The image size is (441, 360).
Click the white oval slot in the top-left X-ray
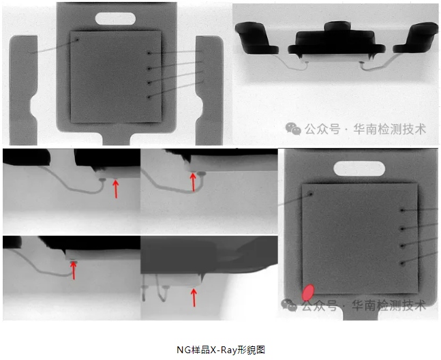pos(115,18)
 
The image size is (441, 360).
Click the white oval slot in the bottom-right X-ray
pos(359,168)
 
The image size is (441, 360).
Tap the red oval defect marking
pos(307,292)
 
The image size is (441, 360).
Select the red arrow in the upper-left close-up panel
pos(116,189)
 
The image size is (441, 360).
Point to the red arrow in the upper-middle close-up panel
pos(193,182)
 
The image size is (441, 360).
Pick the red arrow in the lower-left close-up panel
pos(74,270)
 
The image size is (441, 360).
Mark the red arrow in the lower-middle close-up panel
pos(194,297)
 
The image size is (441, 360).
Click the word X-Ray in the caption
pos(224,350)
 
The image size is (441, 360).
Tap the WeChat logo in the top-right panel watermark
pos(293,129)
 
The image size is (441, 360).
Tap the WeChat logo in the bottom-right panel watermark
pos(289,305)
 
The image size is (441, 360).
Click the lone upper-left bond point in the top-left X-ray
pos(77,40)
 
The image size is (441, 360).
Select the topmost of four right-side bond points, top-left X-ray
pos(149,53)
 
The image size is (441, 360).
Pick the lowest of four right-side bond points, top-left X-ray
pos(149,97)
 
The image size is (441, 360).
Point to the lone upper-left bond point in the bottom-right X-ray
pos(311,194)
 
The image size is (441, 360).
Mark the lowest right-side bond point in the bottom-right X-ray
pos(402,264)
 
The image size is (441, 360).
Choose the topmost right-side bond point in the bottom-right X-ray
pos(402,210)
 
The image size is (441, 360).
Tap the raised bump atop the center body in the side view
pos(337,26)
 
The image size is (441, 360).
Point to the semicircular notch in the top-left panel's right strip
pos(200,106)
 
